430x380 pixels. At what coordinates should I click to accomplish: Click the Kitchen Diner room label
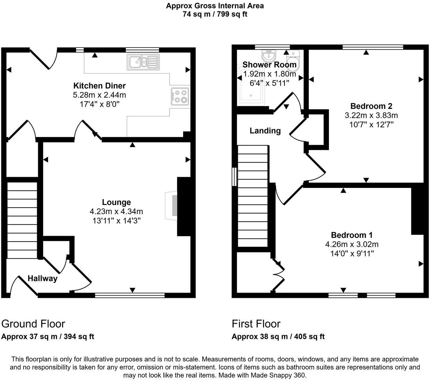tap(99, 86)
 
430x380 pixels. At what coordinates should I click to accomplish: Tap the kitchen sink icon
tap(143, 62)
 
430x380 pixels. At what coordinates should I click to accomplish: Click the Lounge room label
tap(116, 202)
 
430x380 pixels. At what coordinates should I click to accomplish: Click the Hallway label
tap(42, 278)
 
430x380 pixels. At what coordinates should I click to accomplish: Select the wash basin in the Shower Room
tap(268, 55)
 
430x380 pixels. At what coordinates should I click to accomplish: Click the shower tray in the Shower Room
tap(251, 88)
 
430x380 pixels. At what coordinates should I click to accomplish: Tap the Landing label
tap(265, 131)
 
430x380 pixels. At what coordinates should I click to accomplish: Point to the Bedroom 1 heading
tap(352, 235)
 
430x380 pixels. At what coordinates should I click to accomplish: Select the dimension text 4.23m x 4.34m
tap(116, 211)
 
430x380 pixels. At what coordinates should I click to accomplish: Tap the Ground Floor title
tap(33, 324)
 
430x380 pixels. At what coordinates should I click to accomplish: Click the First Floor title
tap(256, 324)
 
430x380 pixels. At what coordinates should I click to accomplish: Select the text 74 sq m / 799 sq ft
tap(215, 15)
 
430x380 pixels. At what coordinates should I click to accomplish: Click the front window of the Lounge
tap(130, 295)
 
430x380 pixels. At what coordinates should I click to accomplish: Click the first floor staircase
tap(253, 196)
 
